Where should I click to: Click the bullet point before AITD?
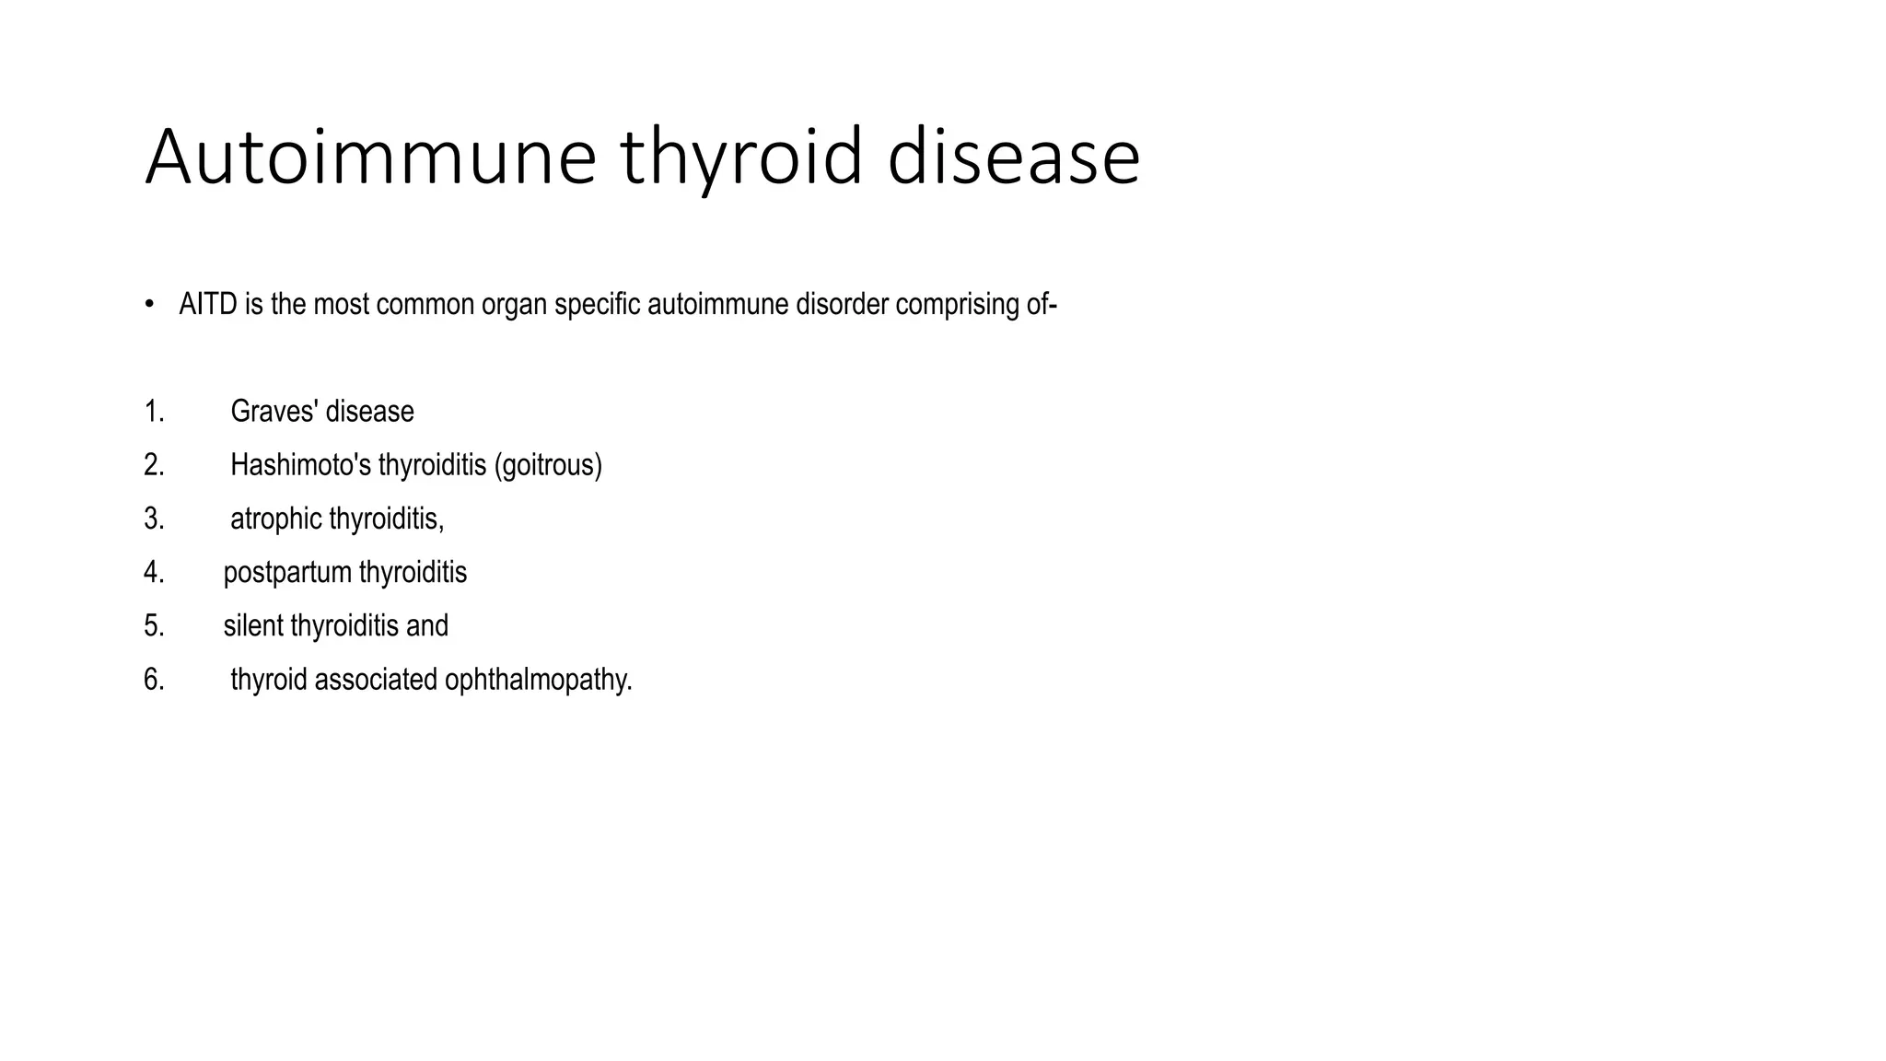tap(148, 304)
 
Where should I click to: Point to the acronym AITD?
tap(209, 304)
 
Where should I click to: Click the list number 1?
tap(153, 411)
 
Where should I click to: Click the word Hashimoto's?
tap(300, 465)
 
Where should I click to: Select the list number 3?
tap(153, 519)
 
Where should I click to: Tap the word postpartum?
tap(287, 573)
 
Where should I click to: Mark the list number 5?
tap(153, 626)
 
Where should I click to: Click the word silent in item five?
tap(253, 626)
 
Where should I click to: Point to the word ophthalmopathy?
tap(538, 681)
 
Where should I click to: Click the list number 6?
tap(153, 680)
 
